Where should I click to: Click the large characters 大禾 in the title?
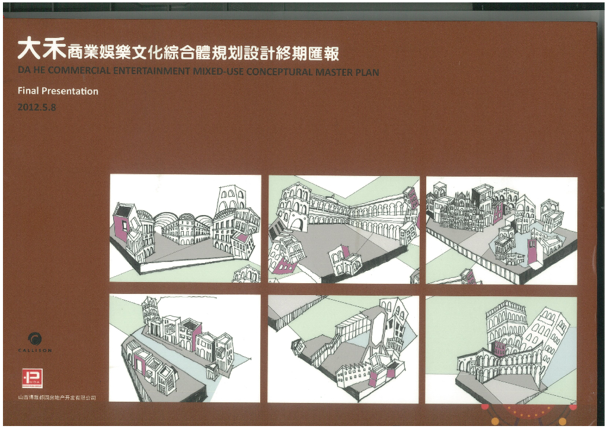41,50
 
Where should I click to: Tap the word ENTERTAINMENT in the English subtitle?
151,72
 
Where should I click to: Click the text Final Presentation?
58,91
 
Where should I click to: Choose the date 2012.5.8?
37,108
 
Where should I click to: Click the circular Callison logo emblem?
35,339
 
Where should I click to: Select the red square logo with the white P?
31,378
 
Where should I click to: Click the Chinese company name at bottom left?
57,398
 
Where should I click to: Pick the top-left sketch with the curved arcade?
185,228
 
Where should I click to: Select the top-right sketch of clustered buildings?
501,230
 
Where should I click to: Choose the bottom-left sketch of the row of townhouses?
184,348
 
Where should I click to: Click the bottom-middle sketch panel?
343,348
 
